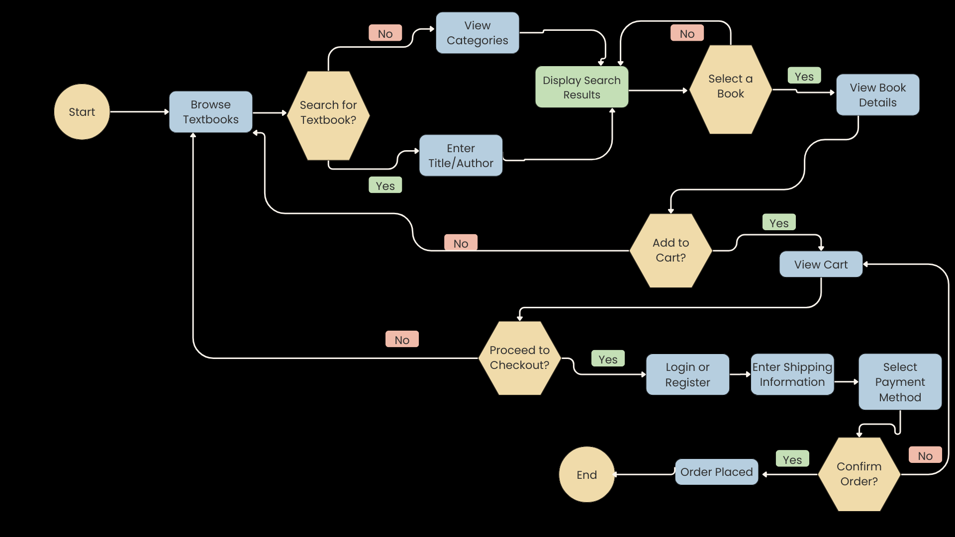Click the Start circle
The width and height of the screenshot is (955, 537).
pyautogui.click(x=82, y=112)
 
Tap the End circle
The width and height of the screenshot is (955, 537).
pyautogui.click(x=586, y=474)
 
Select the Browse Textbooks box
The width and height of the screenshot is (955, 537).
pyautogui.click(x=210, y=112)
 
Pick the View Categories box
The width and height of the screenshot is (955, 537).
pyautogui.click(x=477, y=33)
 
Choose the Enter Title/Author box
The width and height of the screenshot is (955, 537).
pyautogui.click(x=461, y=156)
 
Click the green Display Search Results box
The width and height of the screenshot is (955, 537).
pyautogui.click(x=581, y=87)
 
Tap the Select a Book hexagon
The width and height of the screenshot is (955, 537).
pyautogui.click(x=730, y=89)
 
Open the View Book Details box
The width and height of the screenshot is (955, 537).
pyautogui.click(x=877, y=95)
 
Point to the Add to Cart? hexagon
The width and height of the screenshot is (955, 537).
pyautogui.click(x=670, y=250)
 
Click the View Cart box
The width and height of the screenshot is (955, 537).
pyautogui.click(x=821, y=265)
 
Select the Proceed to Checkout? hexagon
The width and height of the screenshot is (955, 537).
pyautogui.click(x=519, y=358)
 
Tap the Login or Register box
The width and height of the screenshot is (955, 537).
pyautogui.click(x=687, y=374)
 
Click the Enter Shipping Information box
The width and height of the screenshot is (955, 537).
pyautogui.click(x=792, y=374)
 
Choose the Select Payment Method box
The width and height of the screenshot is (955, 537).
pyautogui.click(x=900, y=382)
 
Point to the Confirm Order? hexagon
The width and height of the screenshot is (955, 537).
pyautogui.click(x=859, y=474)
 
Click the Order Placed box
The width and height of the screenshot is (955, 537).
pyautogui.click(x=716, y=472)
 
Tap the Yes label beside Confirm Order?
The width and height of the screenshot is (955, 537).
pyautogui.click(x=792, y=459)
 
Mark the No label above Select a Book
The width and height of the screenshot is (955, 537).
pyautogui.click(x=687, y=33)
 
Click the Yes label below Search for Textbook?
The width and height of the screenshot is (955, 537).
pyautogui.click(x=385, y=185)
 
